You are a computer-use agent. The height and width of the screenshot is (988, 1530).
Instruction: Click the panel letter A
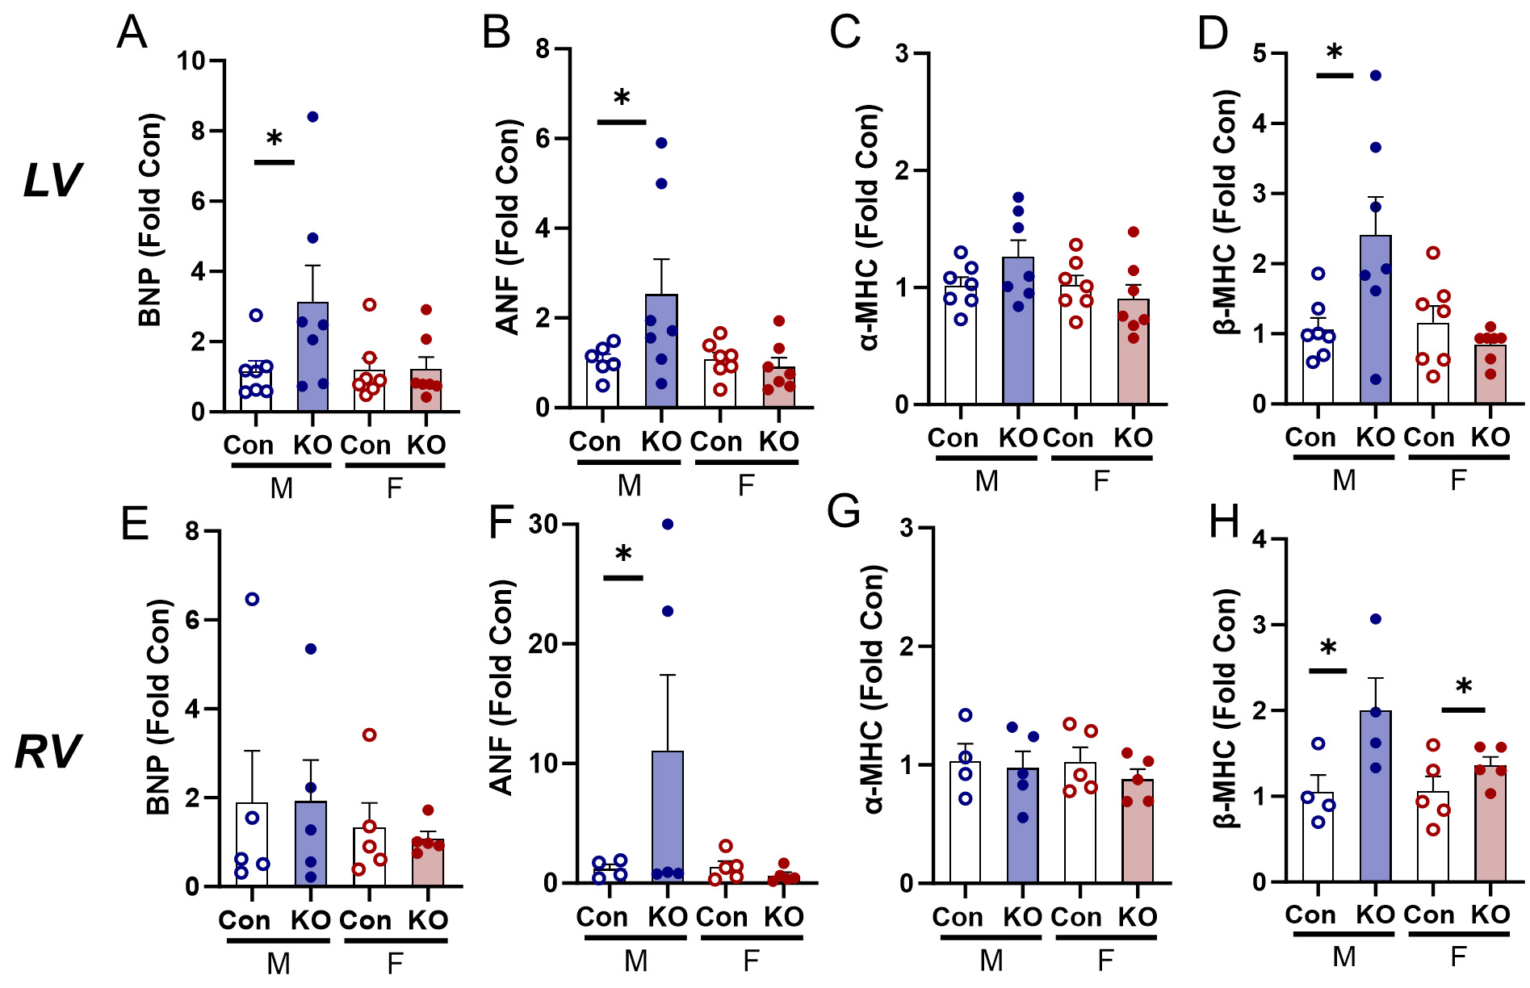(x=132, y=33)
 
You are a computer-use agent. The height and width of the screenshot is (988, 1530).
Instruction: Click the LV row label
(x=52, y=180)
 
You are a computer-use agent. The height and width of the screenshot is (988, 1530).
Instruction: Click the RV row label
(x=48, y=752)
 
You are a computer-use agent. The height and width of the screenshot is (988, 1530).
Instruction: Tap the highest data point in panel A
(x=312, y=117)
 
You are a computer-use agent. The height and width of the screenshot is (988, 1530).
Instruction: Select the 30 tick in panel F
(x=544, y=525)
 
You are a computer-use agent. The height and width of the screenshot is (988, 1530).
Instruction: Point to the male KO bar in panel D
(x=1376, y=323)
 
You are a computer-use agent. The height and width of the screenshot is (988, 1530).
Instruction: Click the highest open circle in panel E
(x=252, y=599)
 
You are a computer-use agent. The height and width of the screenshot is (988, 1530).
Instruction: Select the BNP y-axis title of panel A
(x=150, y=220)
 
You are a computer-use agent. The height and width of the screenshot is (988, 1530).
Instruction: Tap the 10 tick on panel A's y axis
(x=191, y=61)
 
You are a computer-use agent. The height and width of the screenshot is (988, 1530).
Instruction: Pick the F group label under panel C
(x=1101, y=481)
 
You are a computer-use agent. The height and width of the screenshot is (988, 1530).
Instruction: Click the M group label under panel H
(x=1343, y=957)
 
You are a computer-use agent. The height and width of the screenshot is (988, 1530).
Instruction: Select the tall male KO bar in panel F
(x=668, y=815)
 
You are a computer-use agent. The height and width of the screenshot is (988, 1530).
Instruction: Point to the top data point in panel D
(x=1376, y=75)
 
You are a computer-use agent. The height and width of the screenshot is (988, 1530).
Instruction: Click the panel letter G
(x=845, y=512)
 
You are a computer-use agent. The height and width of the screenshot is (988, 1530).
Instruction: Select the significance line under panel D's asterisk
(x=1334, y=75)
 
